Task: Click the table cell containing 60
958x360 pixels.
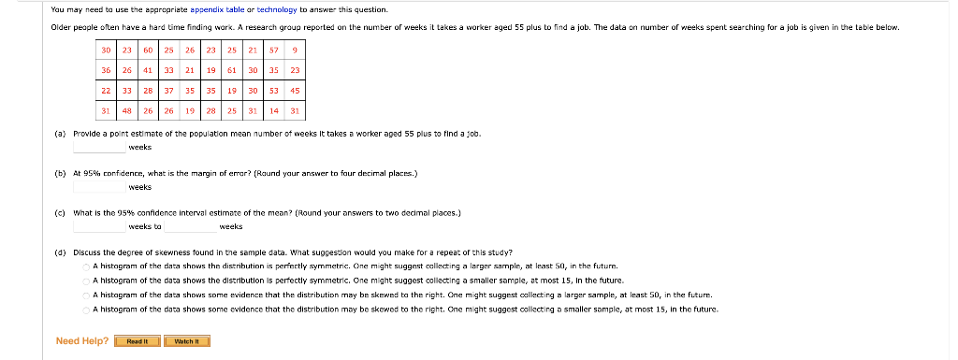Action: pyautogui.click(x=148, y=50)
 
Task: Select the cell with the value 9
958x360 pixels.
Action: pyautogui.click(x=295, y=50)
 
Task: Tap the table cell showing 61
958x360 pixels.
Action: pyautogui.click(x=231, y=70)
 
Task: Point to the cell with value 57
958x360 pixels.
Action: pyautogui.click(x=274, y=50)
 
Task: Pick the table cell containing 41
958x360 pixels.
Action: pyautogui.click(x=148, y=70)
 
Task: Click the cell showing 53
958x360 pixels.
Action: pyautogui.click(x=274, y=91)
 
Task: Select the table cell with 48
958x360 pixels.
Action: pyautogui.click(x=126, y=110)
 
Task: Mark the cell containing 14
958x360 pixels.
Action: pyautogui.click(x=274, y=110)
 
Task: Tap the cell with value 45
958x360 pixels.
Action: pyautogui.click(x=295, y=91)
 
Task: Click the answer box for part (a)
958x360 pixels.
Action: pyautogui.click(x=99, y=147)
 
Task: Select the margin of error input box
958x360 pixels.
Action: pyautogui.click(x=99, y=186)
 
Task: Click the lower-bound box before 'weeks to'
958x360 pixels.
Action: pyautogui.click(x=99, y=225)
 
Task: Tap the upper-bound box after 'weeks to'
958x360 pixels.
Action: pyautogui.click(x=191, y=225)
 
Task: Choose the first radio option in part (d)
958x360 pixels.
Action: pyautogui.click(x=84, y=266)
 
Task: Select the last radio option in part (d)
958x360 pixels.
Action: pyautogui.click(x=84, y=309)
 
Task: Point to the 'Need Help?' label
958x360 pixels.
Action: pyautogui.click(x=82, y=341)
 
